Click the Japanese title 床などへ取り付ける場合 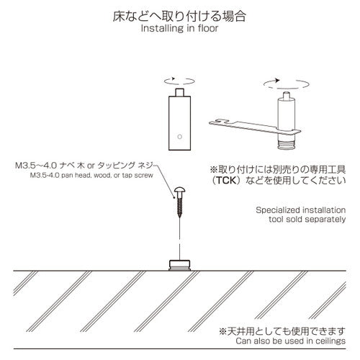click(x=180, y=14)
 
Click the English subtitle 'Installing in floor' click(x=180, y=30)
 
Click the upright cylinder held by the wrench click(x=289, y=115)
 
